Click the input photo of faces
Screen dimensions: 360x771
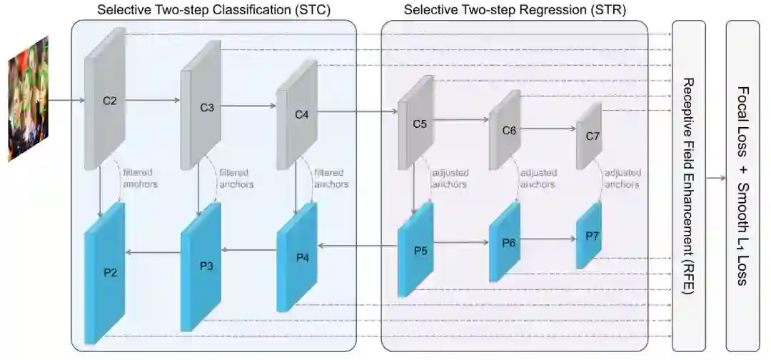28,99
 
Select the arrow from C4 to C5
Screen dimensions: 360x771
357,111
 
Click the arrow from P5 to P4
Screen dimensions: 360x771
357,246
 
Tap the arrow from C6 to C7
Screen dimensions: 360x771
553,129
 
